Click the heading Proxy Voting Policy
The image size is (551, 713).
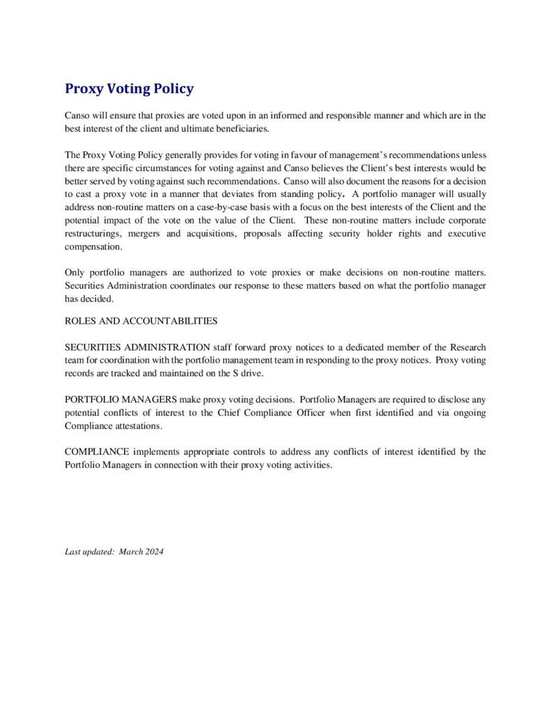(x=129, y=89)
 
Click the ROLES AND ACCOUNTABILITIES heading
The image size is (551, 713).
(x=141, y=321)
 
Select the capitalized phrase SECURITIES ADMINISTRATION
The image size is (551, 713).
(x=137, y=347)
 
